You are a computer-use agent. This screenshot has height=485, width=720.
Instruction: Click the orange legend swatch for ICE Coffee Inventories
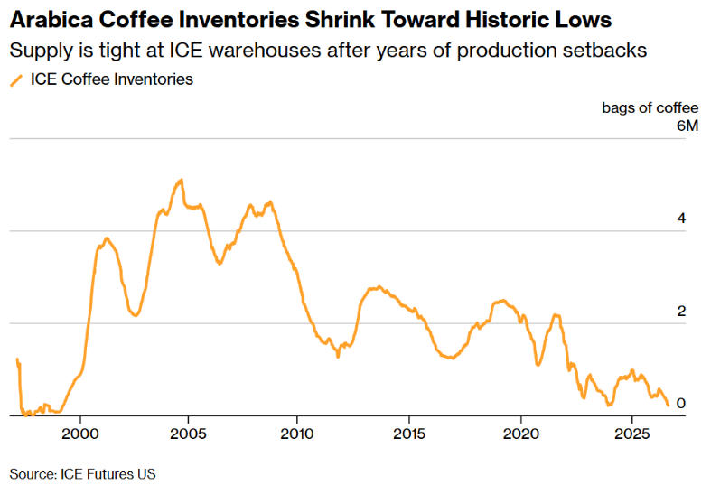tap(16, 80)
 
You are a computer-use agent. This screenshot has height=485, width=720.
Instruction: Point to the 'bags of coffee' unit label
tap(650, 108)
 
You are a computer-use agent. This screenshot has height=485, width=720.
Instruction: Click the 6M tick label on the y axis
tap(687, 126)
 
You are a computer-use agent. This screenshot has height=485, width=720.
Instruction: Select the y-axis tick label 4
tap(681, 219)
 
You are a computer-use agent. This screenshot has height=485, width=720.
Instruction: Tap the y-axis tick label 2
tap(681, 311)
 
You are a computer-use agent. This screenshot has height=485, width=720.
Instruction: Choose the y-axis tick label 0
tap(681, 403)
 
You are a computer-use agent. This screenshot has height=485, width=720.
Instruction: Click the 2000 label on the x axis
tap(80, 434)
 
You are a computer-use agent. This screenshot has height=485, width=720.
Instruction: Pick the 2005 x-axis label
tap(188, 434)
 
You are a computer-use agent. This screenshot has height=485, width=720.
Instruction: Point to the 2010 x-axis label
tap(297, 434)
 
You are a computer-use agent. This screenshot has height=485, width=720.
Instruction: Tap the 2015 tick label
tap(409, 434)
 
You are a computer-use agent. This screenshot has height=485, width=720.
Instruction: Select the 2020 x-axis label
tap(521, 434)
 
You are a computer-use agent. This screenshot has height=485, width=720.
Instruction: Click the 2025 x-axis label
tap(631, 434)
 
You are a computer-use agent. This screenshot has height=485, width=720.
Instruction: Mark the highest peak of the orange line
tap(182, 180)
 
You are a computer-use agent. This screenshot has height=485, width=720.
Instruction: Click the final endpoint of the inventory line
tap(669, 406)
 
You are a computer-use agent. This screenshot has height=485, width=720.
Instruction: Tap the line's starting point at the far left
tap(17, 359)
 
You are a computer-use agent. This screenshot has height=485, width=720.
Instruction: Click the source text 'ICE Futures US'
tap(108, 474)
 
